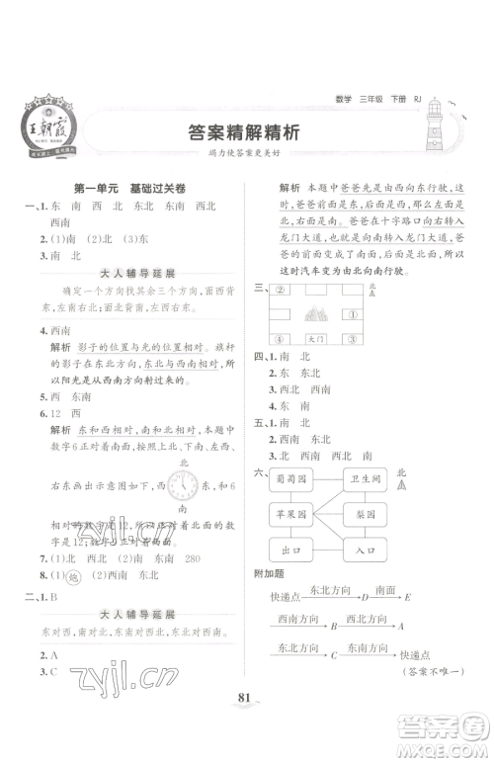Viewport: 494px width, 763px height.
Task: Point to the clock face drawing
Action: click(x=184, y=485)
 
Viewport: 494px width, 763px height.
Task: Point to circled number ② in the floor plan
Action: click(x=280, y=291)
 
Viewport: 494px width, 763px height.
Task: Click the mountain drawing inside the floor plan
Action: click(x=318, y=316)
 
